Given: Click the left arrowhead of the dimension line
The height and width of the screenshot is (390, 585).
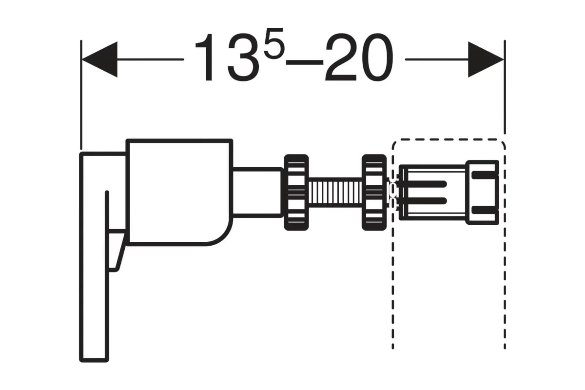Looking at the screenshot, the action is click(x=100, y=59).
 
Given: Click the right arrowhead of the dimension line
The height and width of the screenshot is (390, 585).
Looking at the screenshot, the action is click(x=486, y=59).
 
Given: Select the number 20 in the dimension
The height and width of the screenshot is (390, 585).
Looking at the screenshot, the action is click(x=359, y=57).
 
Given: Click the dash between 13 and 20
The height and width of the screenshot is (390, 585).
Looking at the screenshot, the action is click(x=305, y=62).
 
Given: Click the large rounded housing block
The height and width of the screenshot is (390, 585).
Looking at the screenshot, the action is click(x=180, y=192).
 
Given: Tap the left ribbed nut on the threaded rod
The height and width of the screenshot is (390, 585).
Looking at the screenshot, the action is click(x=296, y=193).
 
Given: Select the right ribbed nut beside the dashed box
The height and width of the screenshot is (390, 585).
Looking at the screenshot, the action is click(x=374, y=193).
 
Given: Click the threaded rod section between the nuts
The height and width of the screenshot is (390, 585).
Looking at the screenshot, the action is click(x=335, y=193).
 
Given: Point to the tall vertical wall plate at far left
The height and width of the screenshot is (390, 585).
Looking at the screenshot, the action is click(x=94, y=257).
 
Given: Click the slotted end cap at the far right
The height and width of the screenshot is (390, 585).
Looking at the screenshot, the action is click(x=483, y=193).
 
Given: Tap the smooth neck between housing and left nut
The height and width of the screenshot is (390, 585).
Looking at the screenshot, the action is click(x=257, y=193).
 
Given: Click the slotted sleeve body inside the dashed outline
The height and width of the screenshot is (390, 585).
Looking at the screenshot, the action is click(x=432, y=193).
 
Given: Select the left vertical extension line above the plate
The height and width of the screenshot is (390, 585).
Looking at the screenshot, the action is click(x=81, y=95).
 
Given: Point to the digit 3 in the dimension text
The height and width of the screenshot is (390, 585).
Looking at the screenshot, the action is click(x=243, y=58).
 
